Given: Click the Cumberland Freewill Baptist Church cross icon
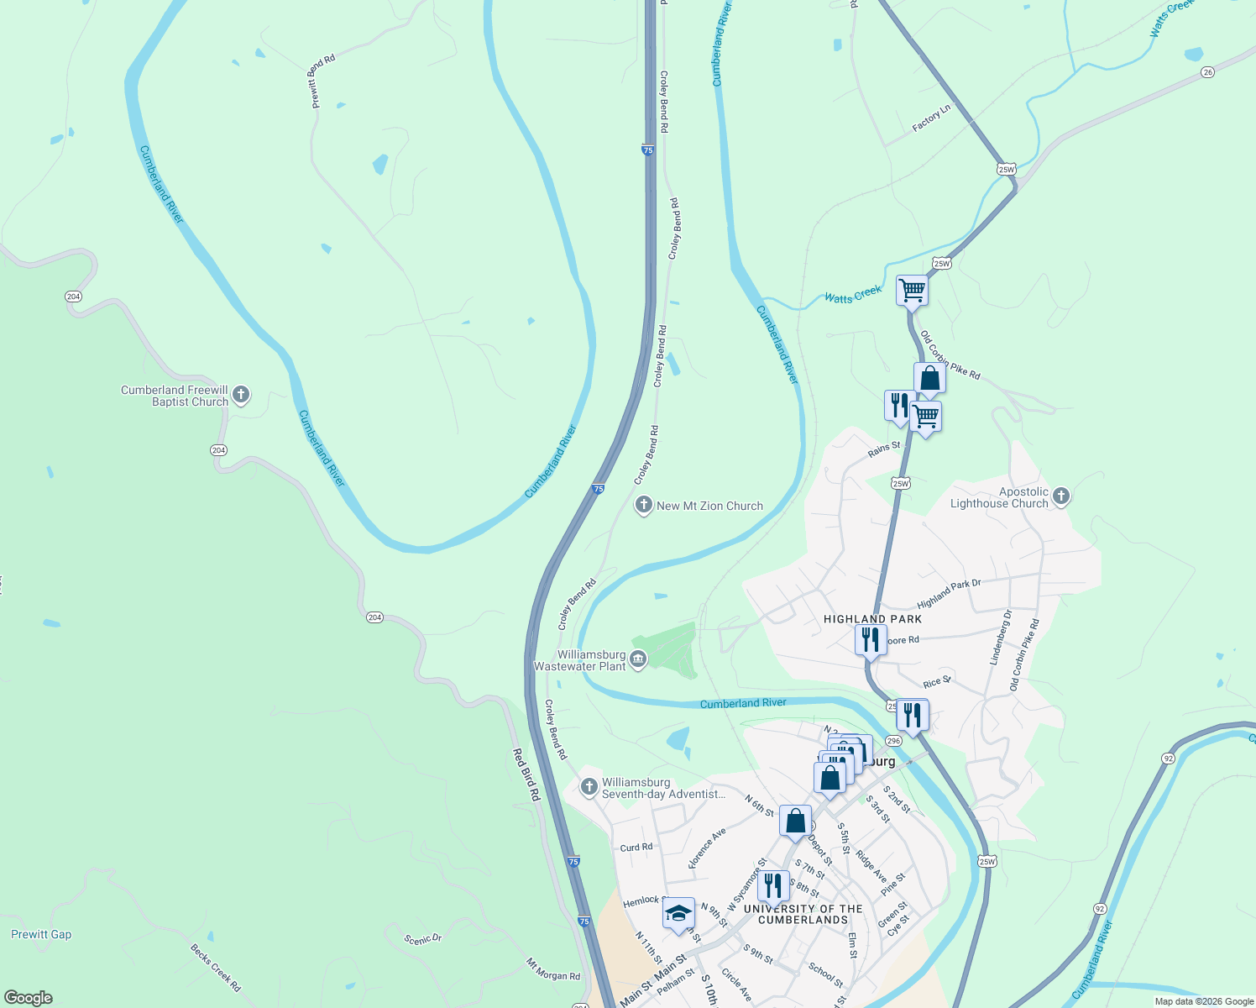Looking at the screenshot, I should tap(241, 395).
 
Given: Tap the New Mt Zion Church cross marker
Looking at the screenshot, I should tap(644, 505).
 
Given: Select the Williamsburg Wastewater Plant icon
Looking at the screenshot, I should tap(638, 660).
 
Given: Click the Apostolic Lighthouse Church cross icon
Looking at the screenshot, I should tap(1060, 496).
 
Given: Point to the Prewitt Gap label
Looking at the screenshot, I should tap(41, 934).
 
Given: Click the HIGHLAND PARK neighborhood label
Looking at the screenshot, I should tap(872, 619).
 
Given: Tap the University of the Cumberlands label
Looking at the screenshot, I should tap(803, 914).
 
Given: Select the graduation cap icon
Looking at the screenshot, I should tap(678, 914).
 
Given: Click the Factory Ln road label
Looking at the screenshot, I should tap(932, 118).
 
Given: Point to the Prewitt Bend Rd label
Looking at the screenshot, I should tap(323, 81).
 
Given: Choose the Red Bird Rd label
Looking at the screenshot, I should tap(526, 774).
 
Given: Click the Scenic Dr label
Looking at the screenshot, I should tap(423, 938).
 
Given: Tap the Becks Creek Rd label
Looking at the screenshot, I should tap(216, 968).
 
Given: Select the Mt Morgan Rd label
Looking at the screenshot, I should tap(553, 969).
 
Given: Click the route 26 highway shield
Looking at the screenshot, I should tap(1207, 72).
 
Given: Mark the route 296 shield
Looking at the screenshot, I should tap(893, 741).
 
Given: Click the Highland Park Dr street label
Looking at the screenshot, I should tap(949, 594).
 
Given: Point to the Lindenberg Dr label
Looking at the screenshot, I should tap(1001, 638).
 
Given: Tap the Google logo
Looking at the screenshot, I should tap(29, 998).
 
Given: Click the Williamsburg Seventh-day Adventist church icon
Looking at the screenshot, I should tap(589, 787).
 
